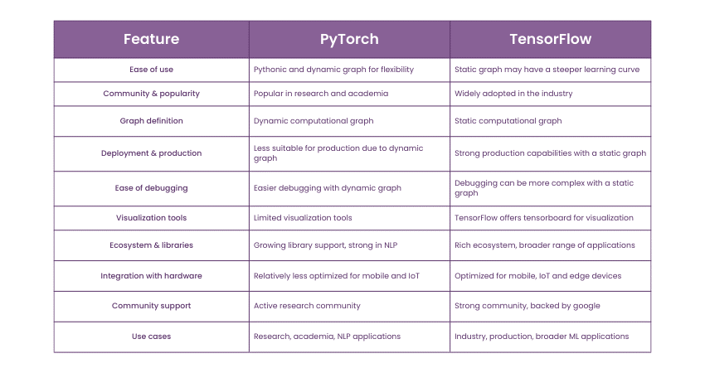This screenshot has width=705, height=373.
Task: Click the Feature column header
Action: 151,39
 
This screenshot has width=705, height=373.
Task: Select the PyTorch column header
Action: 349,39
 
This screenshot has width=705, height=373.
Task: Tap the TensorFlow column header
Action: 550,39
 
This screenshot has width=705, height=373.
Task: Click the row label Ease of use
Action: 151,70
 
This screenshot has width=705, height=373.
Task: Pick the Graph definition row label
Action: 151,121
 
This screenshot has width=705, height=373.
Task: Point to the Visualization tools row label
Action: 151,218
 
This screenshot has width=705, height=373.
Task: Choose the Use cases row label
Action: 151,337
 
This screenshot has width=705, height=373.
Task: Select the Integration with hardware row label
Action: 151,276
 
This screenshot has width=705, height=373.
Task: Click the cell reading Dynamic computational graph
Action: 314,121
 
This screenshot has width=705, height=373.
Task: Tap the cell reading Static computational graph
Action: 508,121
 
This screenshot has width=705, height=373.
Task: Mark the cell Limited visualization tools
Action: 303,218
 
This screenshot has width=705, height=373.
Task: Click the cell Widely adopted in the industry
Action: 513,94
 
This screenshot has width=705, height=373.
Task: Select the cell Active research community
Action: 307,306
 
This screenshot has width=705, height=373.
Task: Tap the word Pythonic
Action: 272,70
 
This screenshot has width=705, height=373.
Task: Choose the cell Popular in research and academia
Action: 321,94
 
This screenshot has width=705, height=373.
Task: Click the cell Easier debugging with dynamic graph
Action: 327,188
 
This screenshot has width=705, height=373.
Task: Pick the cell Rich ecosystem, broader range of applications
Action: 545,245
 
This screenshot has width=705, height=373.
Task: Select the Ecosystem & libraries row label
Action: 151,245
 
